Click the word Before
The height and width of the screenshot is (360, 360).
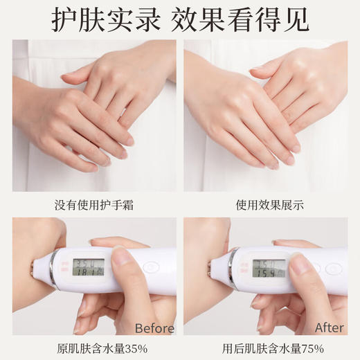[x=154, y=327]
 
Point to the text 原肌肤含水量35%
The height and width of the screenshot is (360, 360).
[x=94, y=345]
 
